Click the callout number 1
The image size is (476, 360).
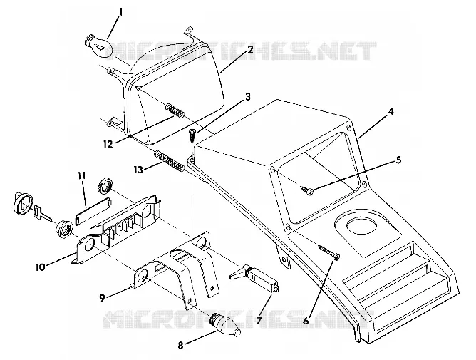[121, 12]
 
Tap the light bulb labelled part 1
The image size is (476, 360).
[98, 46]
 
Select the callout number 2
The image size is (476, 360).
[250, 49]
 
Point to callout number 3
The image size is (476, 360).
[248, 97]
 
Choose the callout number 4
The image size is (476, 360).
[391, 112]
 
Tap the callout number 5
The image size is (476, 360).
[398, 160]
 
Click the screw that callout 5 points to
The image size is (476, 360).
[308, 190]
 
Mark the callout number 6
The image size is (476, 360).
[306, 321]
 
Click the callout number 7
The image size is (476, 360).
[259, 319]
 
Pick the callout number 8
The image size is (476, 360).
[180, 346]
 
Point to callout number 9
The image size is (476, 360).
[103, 298]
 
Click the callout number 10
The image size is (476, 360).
[40, 267]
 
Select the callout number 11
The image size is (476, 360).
[81, 175]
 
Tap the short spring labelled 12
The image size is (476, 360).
[175, 110]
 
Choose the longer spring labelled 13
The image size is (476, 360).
[170, 162]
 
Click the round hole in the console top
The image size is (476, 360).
[361, 226]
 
